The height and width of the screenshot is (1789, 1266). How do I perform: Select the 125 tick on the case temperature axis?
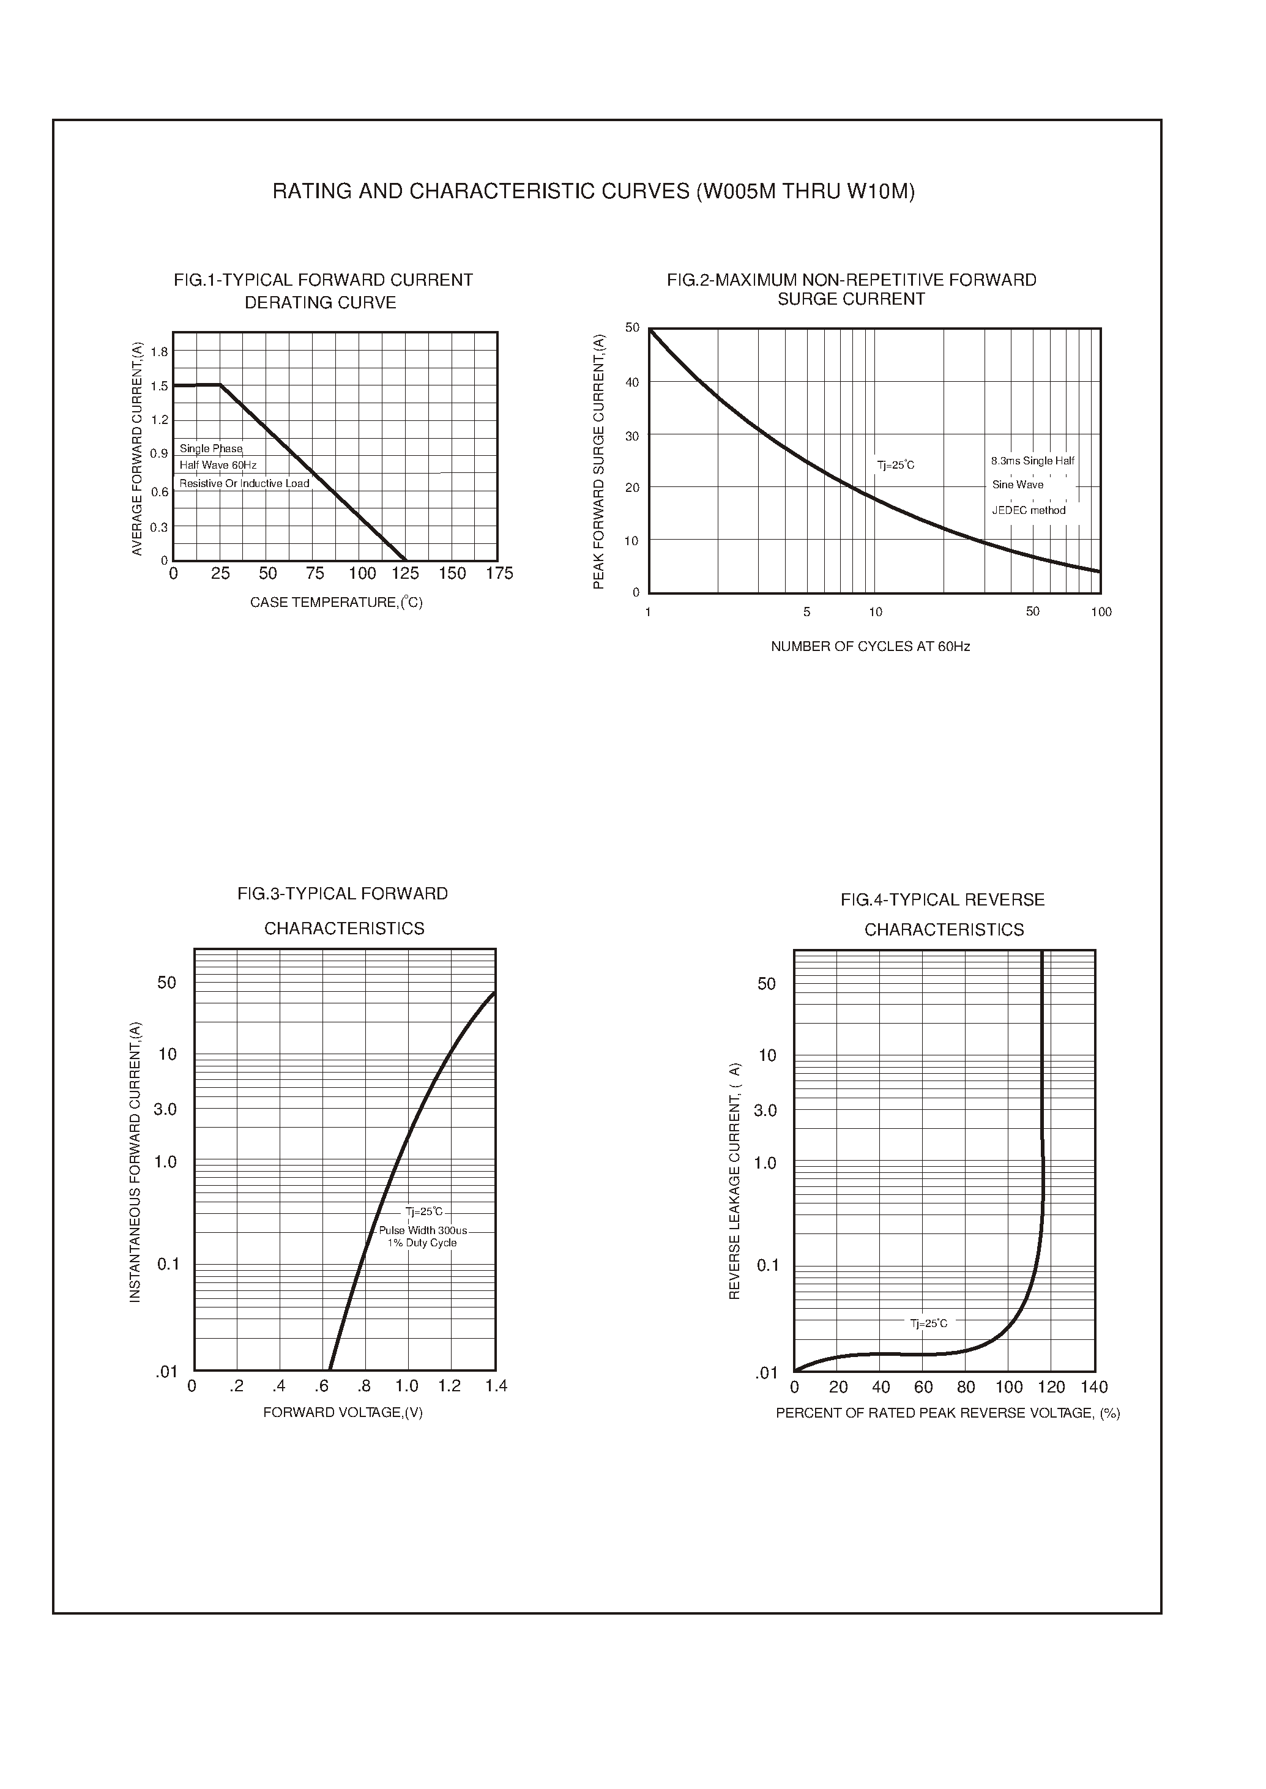[x=405, y=574]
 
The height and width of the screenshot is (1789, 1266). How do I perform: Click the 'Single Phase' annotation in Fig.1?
[x=211, y=449]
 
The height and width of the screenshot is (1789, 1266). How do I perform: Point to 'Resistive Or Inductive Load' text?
[x=244, y=483]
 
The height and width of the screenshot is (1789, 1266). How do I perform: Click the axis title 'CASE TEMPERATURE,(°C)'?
[x=336, y=603]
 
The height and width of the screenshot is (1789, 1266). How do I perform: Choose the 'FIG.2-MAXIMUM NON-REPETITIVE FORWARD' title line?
[x=851, y=280]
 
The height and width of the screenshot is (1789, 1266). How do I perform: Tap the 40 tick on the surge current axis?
[x=632, y=382]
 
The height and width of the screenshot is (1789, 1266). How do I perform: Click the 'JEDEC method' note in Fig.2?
[x=1028, y=511]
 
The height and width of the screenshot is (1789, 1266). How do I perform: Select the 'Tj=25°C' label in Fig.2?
[x=896, y=466]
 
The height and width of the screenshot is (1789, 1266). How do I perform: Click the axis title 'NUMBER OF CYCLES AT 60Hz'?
[x=870, y=646]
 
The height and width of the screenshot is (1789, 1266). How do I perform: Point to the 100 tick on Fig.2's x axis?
[x=1101, y=612]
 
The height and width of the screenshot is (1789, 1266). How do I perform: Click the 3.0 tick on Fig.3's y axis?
[x=165, y=1109]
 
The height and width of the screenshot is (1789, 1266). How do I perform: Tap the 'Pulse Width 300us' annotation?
[x=423, y=1230]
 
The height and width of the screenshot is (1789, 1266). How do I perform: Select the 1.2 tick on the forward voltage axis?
[x=449, y=1386]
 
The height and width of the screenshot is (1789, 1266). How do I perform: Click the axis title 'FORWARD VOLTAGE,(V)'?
[x=343, y=1413]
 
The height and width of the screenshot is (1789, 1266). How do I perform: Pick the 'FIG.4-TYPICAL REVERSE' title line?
[x=942, y=901]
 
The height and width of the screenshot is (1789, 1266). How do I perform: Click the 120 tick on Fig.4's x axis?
[x=1052, y=1388]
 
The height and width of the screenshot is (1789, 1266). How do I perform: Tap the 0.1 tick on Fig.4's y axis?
[x=768, y=1265]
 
